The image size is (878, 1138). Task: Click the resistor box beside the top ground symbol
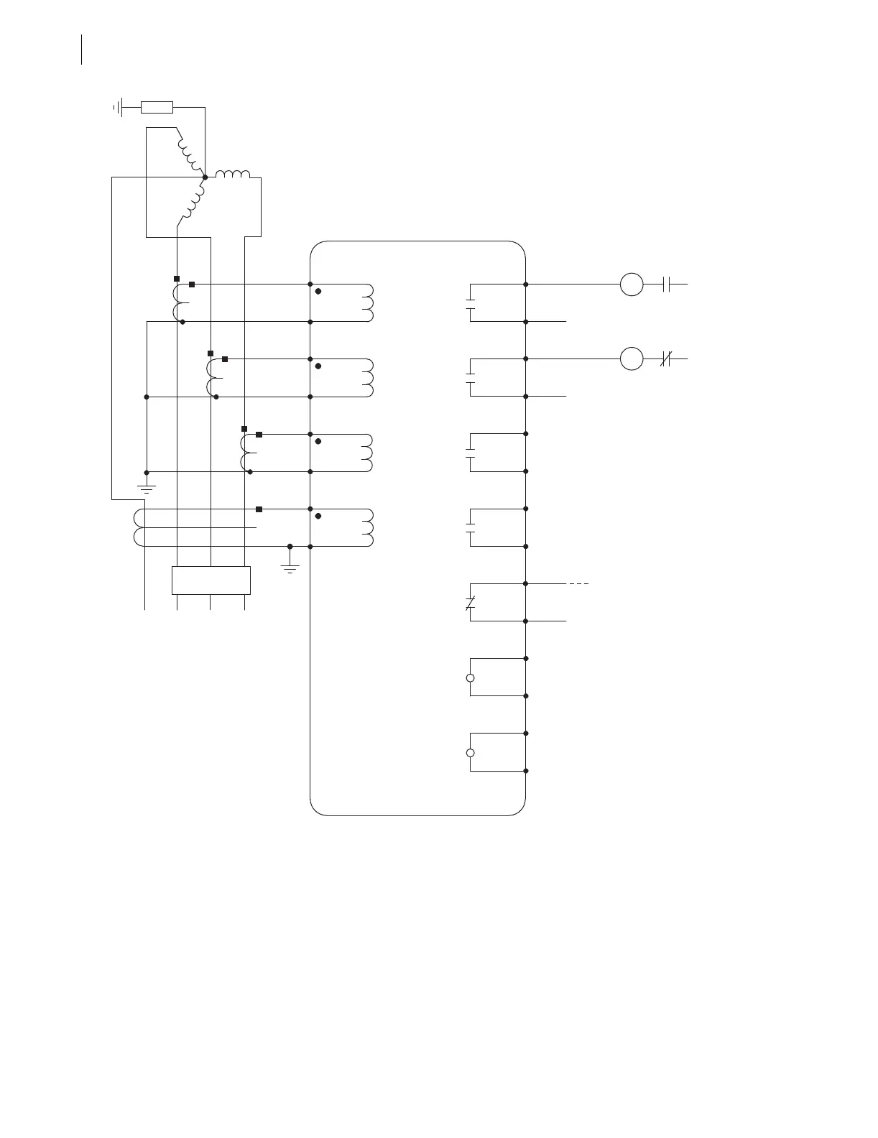pos(157,108)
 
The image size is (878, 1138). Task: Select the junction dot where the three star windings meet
pos(205,177)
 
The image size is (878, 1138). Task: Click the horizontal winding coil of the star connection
pos(233,175)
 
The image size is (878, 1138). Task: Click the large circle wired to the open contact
pos(632,284)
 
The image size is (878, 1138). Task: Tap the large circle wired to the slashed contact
pos(632,358)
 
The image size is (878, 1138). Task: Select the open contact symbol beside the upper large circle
pos(666,284)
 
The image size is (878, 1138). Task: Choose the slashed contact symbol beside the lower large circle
pos(665,358)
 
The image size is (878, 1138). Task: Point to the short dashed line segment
pos(579,584)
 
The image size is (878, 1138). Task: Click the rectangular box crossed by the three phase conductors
pos(211,580)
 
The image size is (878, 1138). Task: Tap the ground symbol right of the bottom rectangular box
pos(290,568)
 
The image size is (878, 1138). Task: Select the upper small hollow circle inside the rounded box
pos(471,678)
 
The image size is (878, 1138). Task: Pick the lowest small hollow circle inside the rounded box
pos(471,753)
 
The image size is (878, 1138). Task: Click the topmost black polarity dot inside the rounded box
pos(318,292)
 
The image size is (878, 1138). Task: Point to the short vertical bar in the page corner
pos(82,50)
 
